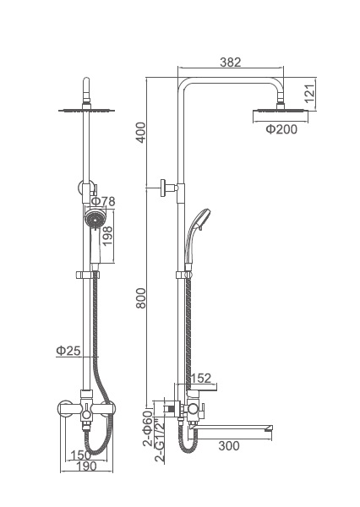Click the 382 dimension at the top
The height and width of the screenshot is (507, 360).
[231, 62]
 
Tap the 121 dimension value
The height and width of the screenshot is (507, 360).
[310, 94]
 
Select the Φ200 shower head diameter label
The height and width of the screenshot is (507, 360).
[281, 129]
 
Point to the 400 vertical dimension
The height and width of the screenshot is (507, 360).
[141, 133]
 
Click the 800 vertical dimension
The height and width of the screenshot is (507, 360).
[141, 298]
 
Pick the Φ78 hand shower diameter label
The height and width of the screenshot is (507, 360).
[103, 201]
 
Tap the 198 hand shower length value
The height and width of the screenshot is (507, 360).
[107, 236]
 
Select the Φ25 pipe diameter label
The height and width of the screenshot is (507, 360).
[68, 351]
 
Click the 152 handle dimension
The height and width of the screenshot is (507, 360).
[200, 378]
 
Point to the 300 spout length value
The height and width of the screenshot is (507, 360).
[229, 446]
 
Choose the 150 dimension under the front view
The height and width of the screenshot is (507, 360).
[80, 455]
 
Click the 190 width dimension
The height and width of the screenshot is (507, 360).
[86, 466]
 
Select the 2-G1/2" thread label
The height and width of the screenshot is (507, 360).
[160, 440]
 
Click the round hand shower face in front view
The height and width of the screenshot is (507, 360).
[95, 220]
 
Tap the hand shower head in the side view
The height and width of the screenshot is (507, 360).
[200, 219]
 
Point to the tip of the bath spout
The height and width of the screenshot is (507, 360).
[271, 429]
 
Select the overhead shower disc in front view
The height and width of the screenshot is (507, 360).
[86, 111]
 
